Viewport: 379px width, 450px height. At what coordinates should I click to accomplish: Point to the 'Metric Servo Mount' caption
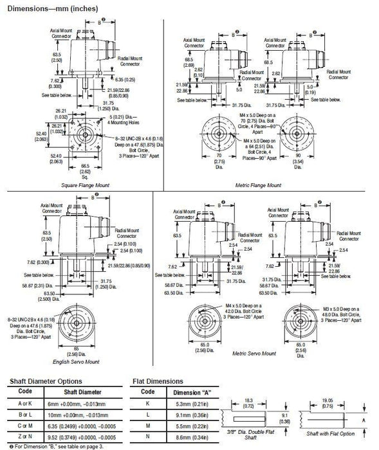(x=254, y=353)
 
